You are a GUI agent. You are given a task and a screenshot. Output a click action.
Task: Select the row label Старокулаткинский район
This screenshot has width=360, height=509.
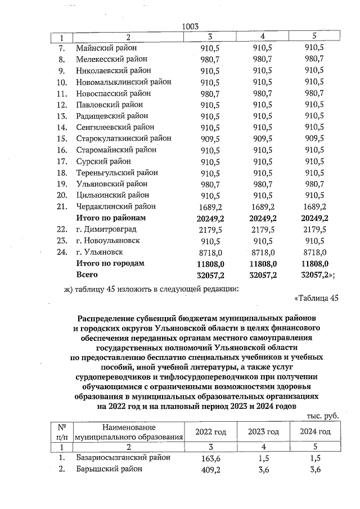coord(124,138)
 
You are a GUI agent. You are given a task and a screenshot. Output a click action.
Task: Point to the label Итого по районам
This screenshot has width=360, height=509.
coord(111,218)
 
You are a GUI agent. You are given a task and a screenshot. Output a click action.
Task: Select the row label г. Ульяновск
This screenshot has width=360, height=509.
coord(100,252)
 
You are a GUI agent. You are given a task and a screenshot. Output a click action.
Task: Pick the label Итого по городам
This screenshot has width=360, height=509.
coord(110,263)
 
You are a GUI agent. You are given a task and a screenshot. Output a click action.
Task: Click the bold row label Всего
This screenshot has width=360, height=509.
coord(87,274)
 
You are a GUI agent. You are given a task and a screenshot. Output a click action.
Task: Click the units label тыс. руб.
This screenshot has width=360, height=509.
coord(322,416)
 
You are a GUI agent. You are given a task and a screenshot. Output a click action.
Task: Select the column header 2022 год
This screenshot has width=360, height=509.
coord(210,431)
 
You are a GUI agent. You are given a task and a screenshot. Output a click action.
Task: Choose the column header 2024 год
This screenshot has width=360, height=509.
coord(314,431)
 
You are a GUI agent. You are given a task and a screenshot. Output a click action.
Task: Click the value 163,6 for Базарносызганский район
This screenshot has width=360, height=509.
coord(210,458)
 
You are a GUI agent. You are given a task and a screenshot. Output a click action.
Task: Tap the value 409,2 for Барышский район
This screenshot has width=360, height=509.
coord(210,470)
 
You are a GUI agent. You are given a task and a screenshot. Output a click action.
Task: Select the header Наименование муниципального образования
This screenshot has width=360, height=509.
coord(130,432)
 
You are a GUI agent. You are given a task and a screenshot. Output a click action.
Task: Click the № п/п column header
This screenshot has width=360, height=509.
coord(61,431)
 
